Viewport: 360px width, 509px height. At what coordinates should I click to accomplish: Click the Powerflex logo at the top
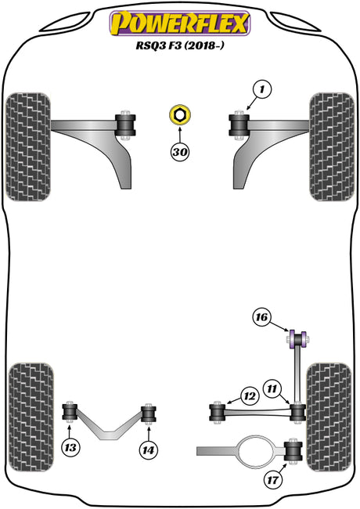tap(180, 23)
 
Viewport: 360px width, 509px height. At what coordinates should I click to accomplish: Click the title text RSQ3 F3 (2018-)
tap(180, 45)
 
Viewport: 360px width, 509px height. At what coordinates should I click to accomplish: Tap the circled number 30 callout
tap(180, 152)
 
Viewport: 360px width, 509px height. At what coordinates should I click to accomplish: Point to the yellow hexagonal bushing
tap(180, 114)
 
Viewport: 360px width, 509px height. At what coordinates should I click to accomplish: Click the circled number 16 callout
tap(261, 316)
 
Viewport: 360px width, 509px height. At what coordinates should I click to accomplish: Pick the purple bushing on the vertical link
tap(297, 340)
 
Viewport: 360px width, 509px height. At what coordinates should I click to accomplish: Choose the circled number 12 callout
tap(250, 396)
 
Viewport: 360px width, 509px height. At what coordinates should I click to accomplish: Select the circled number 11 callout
tap(272, 388)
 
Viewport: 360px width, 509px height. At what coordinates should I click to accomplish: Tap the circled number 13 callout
tap(70, 448)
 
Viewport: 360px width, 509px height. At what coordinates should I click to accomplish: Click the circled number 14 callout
tap(148, 450)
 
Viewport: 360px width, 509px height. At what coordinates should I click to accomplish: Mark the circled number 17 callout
tap(273, 479)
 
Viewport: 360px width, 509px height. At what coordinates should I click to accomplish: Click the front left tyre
tap(28, 146)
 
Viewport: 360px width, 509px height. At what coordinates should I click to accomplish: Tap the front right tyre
tap(332, 146)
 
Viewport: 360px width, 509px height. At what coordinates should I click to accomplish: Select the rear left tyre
tap(31, 417)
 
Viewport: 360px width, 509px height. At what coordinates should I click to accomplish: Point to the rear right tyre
tap(329, 417)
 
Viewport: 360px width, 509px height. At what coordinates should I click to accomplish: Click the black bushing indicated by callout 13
tap(70, 412)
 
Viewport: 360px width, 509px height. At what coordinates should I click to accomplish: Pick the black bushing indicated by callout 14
tap(149, 413)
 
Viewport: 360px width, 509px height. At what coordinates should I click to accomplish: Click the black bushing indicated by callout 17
tap(293, 451)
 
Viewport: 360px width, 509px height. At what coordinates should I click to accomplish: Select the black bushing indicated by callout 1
tap(239, 125)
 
